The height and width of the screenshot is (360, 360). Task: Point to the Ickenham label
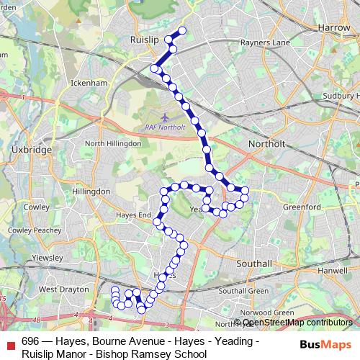click(89, 84)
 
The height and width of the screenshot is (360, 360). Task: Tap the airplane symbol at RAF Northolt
click(166, 115)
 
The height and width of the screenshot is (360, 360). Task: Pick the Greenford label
click(301, 207)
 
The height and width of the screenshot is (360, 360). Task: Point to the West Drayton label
click(63, 289)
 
